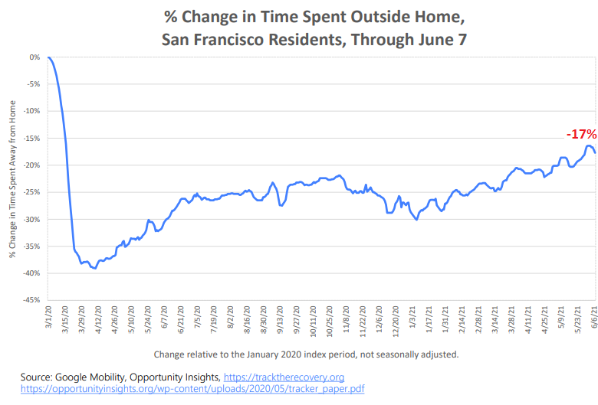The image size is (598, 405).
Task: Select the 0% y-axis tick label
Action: pos(35,57)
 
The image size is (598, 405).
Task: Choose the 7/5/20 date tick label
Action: pos(199,318)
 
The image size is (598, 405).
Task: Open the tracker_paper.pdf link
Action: pos(192,389)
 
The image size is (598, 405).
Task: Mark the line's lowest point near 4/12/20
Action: pos(95,269)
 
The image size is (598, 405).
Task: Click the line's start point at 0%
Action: pos(48,57)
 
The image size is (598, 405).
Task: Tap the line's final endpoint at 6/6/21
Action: pos(595,153)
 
